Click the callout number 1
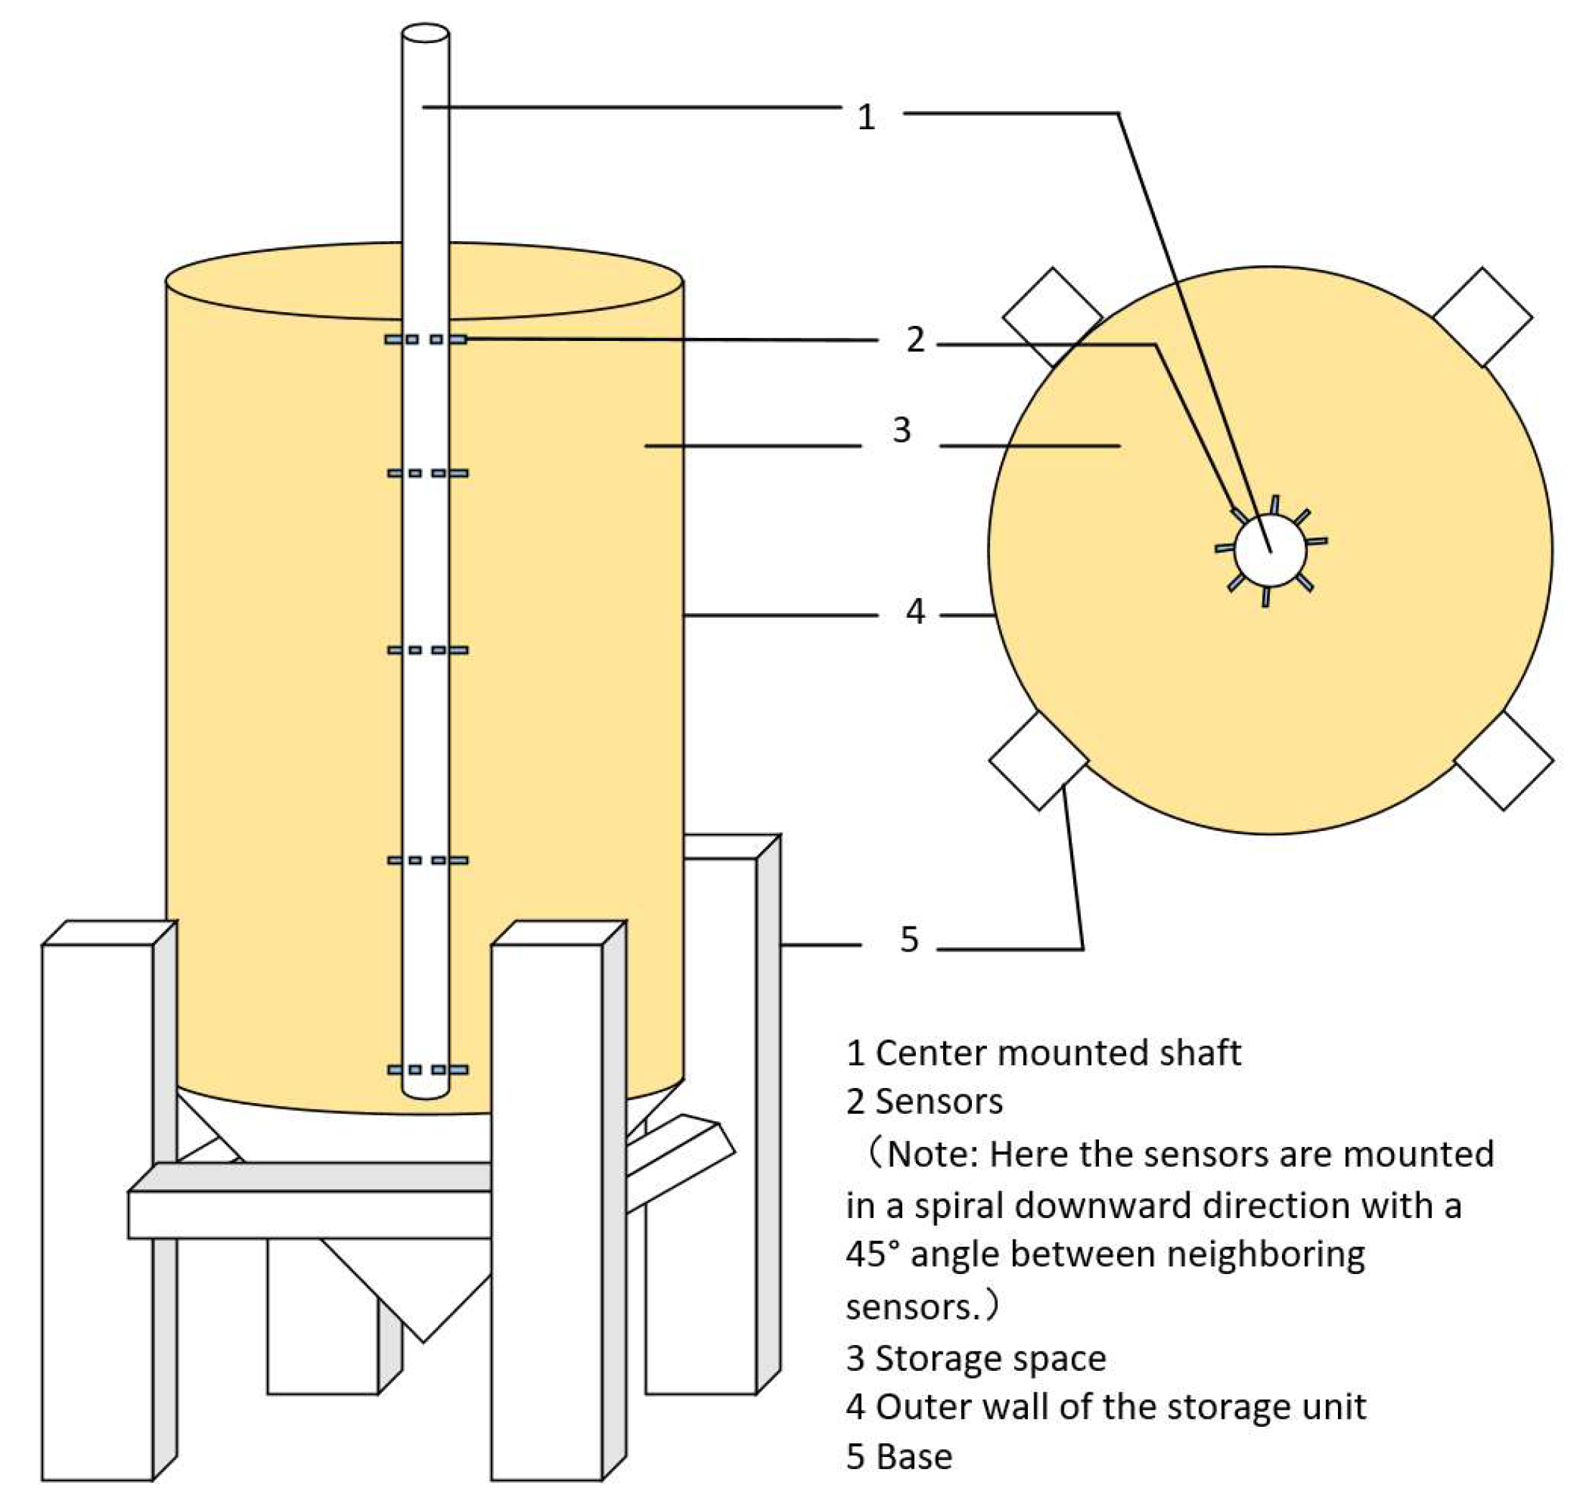[866, 118]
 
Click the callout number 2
[915, 339]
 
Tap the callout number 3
[902, 430]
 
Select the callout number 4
[915, 611]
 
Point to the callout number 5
[909, 939]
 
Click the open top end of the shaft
[426, 34]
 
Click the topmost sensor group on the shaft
[426, 339]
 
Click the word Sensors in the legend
[939, 1102]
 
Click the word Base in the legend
[914, 1457]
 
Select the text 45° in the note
[872, 1254]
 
